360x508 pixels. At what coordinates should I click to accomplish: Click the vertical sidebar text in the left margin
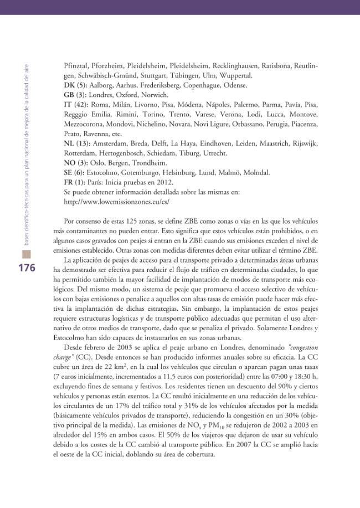26,155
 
